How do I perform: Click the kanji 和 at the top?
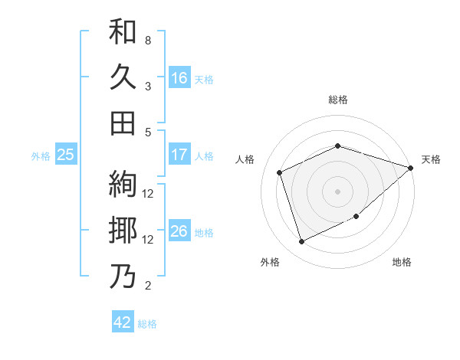click(123, 33)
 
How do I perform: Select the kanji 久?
click(123, 78)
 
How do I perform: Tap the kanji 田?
click(123, 123)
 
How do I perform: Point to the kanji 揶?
click(123, 231)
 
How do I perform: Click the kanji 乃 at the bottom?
click(123, 277)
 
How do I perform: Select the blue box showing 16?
click(179, 78)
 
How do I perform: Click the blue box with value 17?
click(179, 155)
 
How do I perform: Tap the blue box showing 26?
click(179, 231)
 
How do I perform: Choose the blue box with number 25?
click(66, 155)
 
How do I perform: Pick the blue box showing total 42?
click(123, 322)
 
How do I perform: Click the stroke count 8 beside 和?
click(148, 40)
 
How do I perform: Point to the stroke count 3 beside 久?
click(148, 86)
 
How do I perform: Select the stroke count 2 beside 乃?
click(148, 286)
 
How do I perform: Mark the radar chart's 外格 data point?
click(301, 243)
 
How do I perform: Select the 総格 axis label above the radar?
click(337, 100)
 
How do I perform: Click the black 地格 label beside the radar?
click(402, 263)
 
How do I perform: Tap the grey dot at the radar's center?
click(337, 191)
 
